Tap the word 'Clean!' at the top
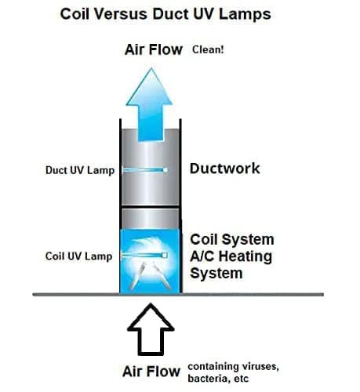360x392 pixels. (x=209, y=51)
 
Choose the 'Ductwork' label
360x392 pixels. (x=225, y=169)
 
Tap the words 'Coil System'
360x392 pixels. (x=233, y=239)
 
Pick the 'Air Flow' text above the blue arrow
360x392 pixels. (x=153, y=50)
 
